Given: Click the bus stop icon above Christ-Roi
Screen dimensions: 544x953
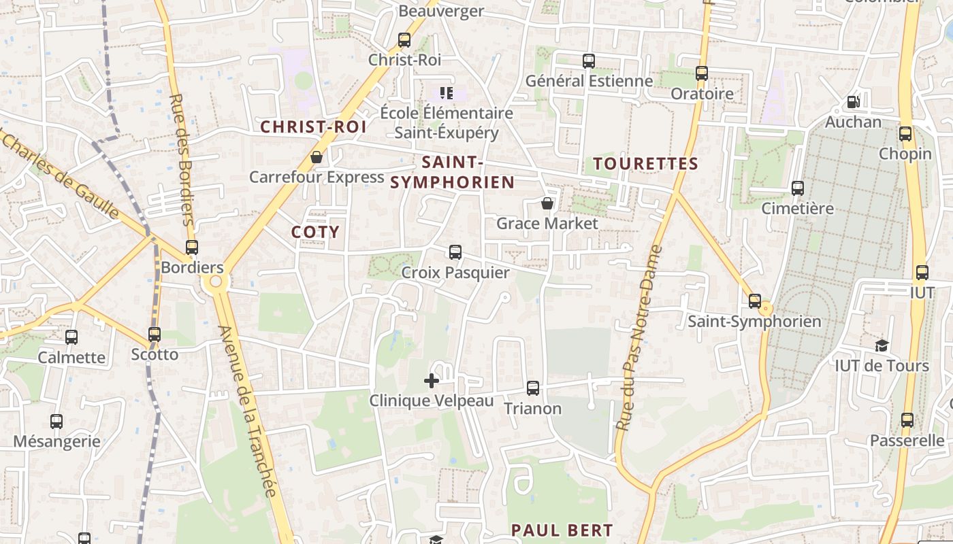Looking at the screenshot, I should point(404,40).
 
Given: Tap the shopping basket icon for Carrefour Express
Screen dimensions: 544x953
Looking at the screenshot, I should point(317,157).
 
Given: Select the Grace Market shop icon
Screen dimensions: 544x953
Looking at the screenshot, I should point(547,203).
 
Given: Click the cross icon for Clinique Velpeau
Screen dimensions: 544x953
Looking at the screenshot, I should point(432,381).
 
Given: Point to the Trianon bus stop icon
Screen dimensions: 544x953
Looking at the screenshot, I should point(533,388).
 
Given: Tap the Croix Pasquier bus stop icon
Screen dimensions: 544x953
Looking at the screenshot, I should point(455,252).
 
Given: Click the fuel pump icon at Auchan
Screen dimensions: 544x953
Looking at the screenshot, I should point(853,102).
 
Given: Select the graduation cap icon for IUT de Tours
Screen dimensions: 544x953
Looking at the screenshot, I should point(882,345).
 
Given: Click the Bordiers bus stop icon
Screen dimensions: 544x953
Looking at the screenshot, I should point(192,248).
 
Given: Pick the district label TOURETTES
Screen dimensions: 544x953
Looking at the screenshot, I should point(645,164).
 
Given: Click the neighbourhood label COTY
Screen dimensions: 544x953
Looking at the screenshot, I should point(315,232).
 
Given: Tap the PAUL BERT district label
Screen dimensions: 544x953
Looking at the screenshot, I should point(562,530).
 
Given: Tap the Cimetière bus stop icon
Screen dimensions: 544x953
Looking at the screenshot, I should point(797,188).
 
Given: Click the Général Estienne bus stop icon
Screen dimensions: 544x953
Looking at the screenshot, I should point(589,61).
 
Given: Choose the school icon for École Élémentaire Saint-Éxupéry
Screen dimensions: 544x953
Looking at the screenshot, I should point(447,92).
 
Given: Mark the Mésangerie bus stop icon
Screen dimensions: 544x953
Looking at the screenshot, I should point(56,422).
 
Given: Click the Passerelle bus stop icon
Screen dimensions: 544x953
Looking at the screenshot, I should point(907,420).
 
